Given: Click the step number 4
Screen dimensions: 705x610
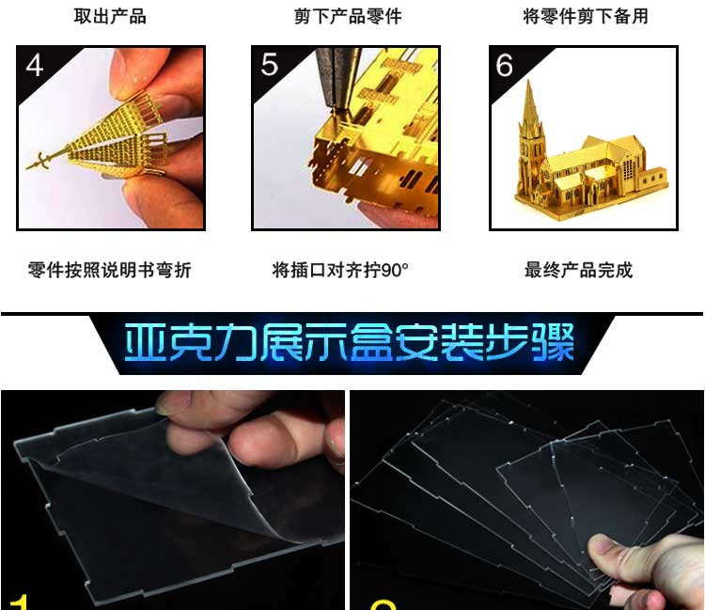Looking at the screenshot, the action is pyautogui.click(x=35, y=66).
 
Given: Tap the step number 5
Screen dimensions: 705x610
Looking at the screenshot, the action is pyautogui.click(x=270, y=65).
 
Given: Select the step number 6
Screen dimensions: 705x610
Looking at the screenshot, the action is pyautogui.click(x=505, y=66).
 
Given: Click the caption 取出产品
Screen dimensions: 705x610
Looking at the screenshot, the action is pyautogui.click(x=110, y=16).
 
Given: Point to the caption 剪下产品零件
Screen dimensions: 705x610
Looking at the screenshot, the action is pyautogui.click(x=348, y=16).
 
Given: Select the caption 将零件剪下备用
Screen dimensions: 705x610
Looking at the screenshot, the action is pyautogui.click(x=586, y=16).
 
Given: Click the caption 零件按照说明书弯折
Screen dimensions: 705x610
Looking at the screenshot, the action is pyautogui.click(x=110, y=270).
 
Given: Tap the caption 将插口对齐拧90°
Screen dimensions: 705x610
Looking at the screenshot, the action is pyautogui.click(x=340, y=270).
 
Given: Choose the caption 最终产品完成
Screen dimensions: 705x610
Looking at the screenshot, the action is pyautogui.click(x=579, y=270).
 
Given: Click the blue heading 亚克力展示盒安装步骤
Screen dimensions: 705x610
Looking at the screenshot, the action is pyautogui.click(x=350, y=342).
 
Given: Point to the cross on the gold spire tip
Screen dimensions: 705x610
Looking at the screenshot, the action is pyautogui.click(x=41, y=161).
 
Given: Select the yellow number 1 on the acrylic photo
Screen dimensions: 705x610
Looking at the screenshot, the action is pyautogui.click(x=18, y=602).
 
